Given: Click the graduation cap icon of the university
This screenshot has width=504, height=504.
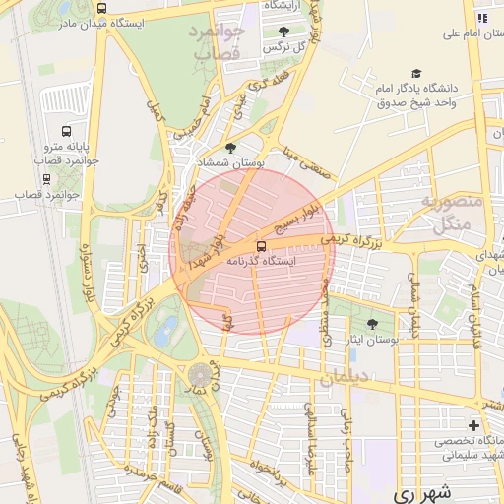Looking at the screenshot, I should [417, 75].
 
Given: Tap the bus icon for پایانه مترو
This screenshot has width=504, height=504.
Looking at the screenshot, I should [66, 131].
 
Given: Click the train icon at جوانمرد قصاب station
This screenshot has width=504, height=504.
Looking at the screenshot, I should [46, 179].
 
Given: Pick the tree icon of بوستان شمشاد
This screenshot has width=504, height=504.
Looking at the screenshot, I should [230, 148].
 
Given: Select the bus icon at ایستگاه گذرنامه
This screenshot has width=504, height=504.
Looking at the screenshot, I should [261, 246].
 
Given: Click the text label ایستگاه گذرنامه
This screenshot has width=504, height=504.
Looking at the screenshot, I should [287, 262].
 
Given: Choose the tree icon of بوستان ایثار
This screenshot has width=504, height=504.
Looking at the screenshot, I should [372, 324].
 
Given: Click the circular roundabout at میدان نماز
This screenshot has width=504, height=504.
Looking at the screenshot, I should [201, 375].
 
